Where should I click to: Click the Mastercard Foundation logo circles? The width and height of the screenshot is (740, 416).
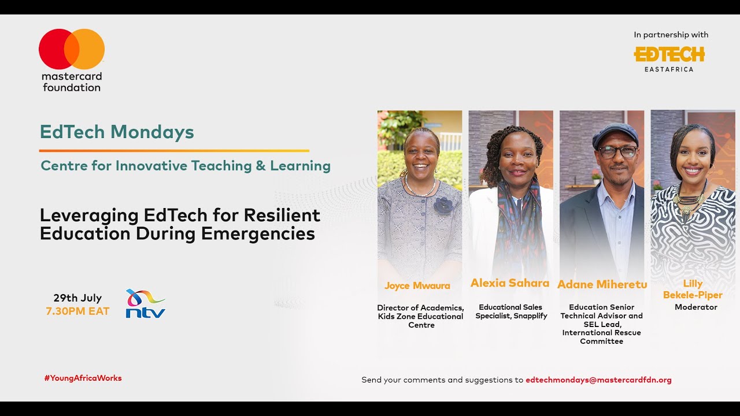point(72,49)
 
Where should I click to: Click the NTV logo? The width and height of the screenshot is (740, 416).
point(145,304)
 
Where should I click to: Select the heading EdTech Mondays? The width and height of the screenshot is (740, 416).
point(117,132)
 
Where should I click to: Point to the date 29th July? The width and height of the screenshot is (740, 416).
point(77,298)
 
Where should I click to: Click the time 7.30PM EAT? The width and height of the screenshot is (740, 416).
point(77,311)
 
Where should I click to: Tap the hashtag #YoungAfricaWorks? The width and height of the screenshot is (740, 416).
point(83,378)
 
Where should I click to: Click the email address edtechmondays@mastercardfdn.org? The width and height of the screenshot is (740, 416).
point(598,380)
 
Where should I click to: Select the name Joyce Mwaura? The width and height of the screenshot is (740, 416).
point(417,285)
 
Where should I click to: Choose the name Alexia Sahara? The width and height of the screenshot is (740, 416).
point(509,283)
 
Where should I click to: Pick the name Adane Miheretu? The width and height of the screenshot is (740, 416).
point(602,284)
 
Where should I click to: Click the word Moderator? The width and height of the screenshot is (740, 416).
point(695,307)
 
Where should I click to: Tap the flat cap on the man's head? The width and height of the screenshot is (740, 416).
point(615,134)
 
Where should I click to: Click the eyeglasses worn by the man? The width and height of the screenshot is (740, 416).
point(617,152)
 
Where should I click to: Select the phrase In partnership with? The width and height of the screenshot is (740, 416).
point(671,35)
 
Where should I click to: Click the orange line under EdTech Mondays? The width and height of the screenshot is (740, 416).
point(174,151)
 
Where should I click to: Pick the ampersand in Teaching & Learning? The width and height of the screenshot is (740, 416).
point(261,166)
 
